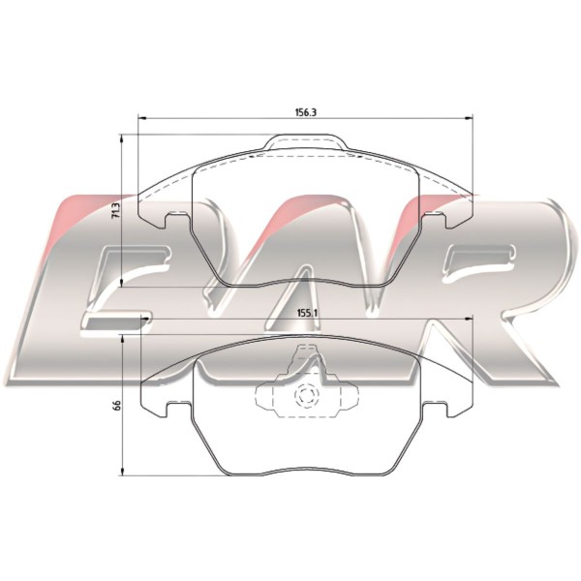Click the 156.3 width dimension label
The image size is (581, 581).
click(305, 112)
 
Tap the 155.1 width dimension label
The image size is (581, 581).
click(308, 313)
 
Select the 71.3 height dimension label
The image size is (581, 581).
click(116, 210)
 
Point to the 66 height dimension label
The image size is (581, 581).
click(117, 405)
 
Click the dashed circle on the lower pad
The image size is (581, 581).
click(306, 396)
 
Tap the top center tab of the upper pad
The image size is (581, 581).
click(307, 142)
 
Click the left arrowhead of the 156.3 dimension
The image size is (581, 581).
click(142, 118)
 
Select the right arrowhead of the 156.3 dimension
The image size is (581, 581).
click(469, 118)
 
